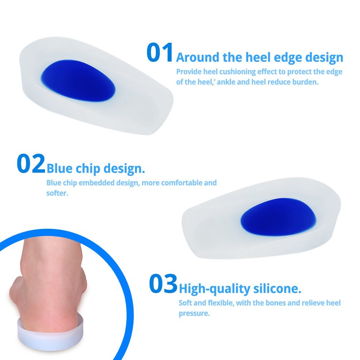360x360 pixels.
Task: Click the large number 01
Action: pyautogui.click(x=160, y=53)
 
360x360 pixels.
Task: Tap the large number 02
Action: pyautogui.click(x=31, y=164)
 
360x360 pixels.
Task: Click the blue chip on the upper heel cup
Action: pyautogui.click(x=78, y=80)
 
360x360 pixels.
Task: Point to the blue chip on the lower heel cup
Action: pyautogui.click(x=278, y=217)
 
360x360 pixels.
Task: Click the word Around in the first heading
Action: pyautogui.click(x=198, y=58)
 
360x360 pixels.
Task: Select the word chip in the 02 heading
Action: pyautogui.click(x=88, y=169)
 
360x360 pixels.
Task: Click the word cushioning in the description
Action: pyautogui.click(x=237, y=72)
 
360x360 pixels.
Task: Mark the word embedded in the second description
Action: pyautogui.click(x=97, y=183)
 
